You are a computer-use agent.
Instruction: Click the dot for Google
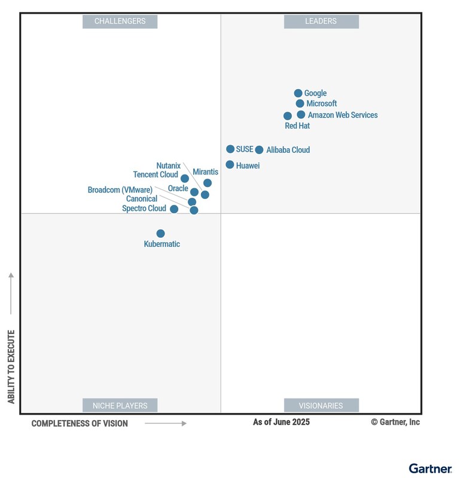[x=298, y=93]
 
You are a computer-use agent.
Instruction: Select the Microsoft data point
[x=300, y=103]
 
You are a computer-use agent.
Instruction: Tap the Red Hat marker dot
[x=288, y=116]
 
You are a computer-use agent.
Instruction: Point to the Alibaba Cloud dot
[x=259, y=150]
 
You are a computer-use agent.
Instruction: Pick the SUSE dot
[x=230, y=149]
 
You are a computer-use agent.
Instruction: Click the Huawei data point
[x=230, y=164]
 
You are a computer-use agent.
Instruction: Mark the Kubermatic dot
[x=160, y=234]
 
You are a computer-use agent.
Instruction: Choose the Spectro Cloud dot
[x=174, y=209]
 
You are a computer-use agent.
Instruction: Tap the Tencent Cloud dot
[x=185, y=179]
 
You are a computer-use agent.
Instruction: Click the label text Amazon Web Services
[x=343, y=115]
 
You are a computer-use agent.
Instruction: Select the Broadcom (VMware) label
[x=120, y=190]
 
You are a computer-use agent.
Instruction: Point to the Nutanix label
[x=169, y=166]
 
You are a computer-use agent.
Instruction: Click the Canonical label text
[x=142, y=199]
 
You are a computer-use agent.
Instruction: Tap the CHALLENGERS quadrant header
[x=120, y=22]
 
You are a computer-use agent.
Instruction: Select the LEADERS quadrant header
[x=321, y=22]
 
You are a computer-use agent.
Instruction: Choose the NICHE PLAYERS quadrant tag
[x=120, y=405]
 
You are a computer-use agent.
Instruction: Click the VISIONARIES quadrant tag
[x=321, y=405]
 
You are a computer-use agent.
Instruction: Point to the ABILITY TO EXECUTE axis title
[x=11, y=366]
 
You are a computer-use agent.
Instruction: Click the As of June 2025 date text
[x=281, y=422]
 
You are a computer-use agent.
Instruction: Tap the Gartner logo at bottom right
[x=430, y=468]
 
